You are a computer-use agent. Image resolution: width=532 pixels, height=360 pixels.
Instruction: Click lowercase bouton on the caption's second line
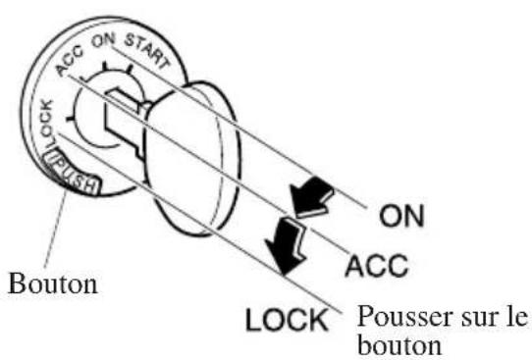coord(393,344)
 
